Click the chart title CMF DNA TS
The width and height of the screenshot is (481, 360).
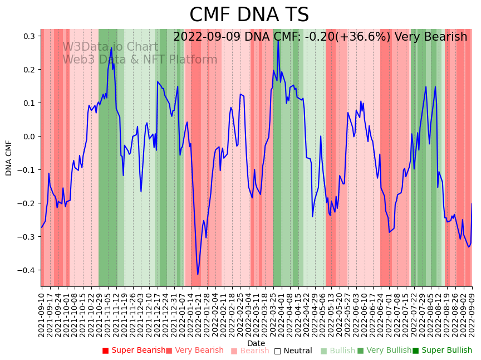pos(249,15)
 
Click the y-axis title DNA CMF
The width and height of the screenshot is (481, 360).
pos(9,158)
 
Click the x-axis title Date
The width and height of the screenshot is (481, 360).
pos(256,343)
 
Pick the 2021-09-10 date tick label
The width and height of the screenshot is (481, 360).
pos(41,314)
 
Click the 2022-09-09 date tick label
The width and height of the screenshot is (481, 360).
pos(472,314)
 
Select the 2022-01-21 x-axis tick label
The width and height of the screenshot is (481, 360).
pos(197,314)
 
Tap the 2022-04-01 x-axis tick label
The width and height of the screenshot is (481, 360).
pos(279,314)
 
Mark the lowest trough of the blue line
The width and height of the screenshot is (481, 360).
pos(198,274)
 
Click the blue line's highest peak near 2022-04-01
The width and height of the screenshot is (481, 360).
pos(278,40)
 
